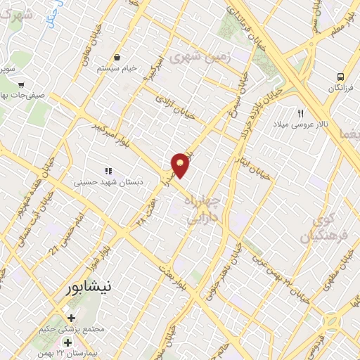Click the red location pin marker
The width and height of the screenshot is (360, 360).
tap(181, 165)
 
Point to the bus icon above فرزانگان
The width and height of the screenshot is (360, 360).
tap(340, 77)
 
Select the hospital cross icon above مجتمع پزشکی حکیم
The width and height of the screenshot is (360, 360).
tap(70, 317)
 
